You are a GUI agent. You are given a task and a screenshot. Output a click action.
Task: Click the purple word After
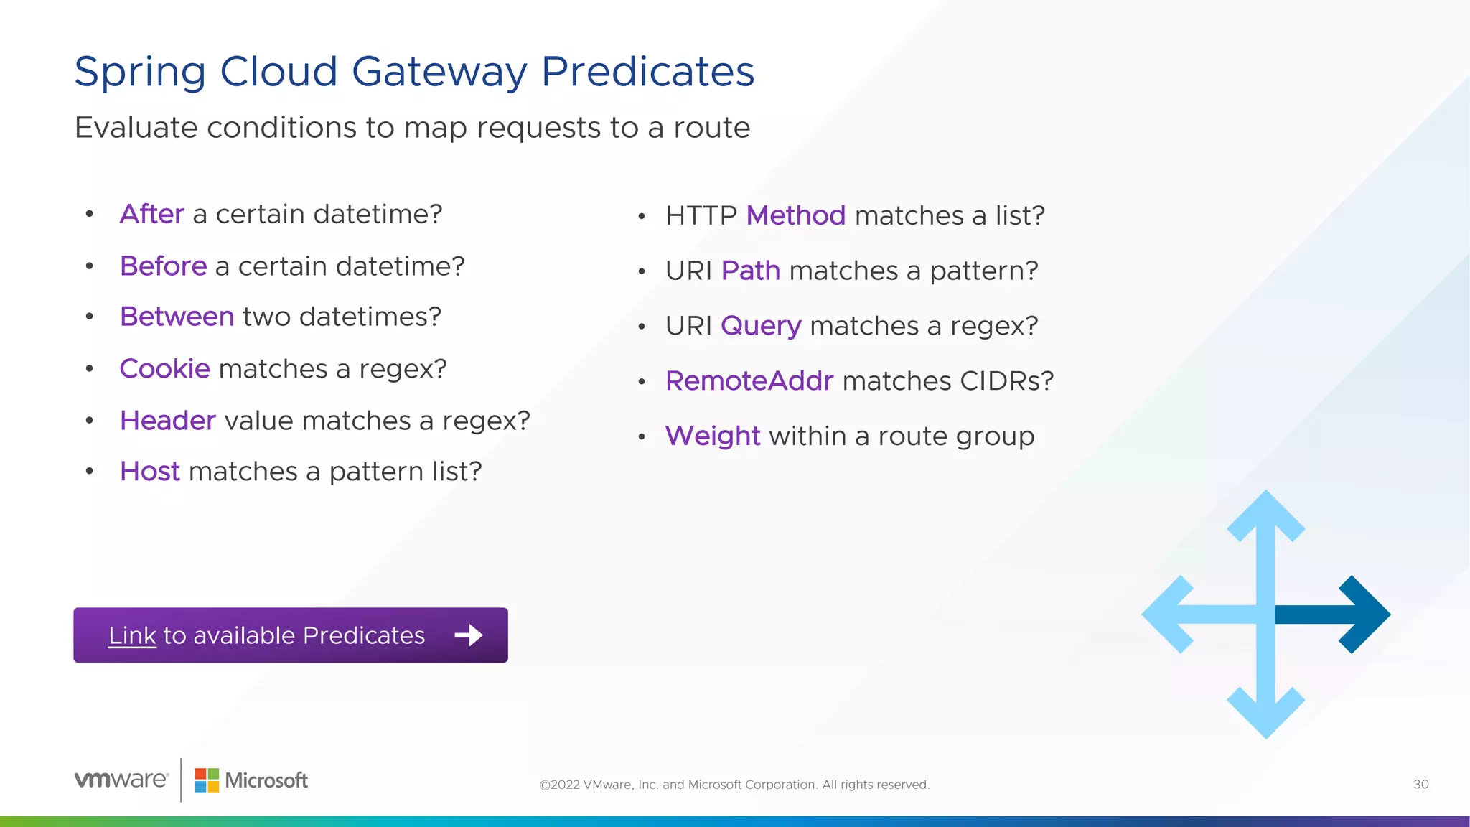(152, 214)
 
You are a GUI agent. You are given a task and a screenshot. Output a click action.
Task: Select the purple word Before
(164, 266)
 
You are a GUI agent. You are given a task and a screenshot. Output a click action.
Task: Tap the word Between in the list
(177, 317)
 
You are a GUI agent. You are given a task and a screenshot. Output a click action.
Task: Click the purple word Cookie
(165, 369)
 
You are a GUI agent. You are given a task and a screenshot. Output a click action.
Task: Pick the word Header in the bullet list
(168, 421)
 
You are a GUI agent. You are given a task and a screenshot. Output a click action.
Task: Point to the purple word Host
(150, 472)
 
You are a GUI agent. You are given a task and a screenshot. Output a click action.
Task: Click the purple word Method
(796, 215)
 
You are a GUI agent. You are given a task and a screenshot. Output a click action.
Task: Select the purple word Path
(750, 271)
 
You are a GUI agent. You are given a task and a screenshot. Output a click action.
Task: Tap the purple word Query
(761, 327)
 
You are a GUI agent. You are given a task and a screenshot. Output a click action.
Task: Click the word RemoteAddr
(749, 381)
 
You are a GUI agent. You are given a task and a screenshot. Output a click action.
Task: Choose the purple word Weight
(713, 436)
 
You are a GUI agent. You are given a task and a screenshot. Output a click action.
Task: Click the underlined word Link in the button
(132, 635)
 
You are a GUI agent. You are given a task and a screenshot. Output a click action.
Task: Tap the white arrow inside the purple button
(469, 635)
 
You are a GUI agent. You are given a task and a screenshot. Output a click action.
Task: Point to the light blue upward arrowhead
(1265, 515)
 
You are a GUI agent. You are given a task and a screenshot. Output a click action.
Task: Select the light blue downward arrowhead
(1265, 713)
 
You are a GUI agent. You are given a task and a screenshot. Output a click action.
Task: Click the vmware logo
(121, 780)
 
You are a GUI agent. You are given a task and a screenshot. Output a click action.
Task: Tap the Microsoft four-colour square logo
(207, 780)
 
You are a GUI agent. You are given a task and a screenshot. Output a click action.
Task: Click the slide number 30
(1420, 784)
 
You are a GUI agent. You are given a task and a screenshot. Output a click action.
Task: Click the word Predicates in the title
(647, 72)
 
